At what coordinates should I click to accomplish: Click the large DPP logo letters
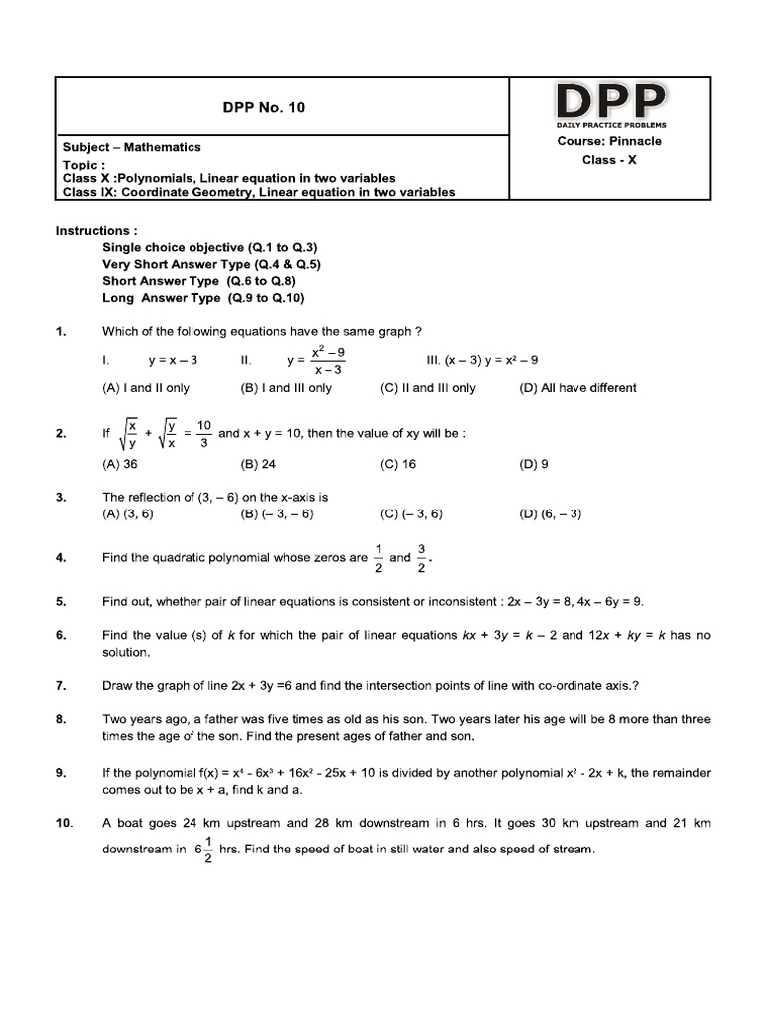pyautogui.click(x=610, y=101)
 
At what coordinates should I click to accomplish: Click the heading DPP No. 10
pyautogui.click(x=262, y=108)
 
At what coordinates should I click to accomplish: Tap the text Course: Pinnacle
pyautogui.click(x=609, y=141)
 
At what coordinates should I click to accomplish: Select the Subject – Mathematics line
pyautogui.click(x=132, y=147)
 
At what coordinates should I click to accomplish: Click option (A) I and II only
pyautogui.click(x=146, y=388)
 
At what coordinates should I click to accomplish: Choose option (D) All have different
pyautogui.click(x=577, y=388)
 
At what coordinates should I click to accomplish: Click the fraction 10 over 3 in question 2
pyautogui.click(x=203, y=434)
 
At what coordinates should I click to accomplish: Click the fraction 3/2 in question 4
pyautogui.click(x=422, y=558)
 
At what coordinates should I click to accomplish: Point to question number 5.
pyautogui.click(x=61, y=602)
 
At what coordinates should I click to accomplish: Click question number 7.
pyautogui.click(x=61, y=685)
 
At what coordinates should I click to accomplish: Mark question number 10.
pyautogui.click(x=64, y=824)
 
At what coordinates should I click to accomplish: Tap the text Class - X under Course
pyautogui.click(x=609, y=160)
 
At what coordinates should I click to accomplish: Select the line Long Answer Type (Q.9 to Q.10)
pyautogui.click(x=203, y=298)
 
